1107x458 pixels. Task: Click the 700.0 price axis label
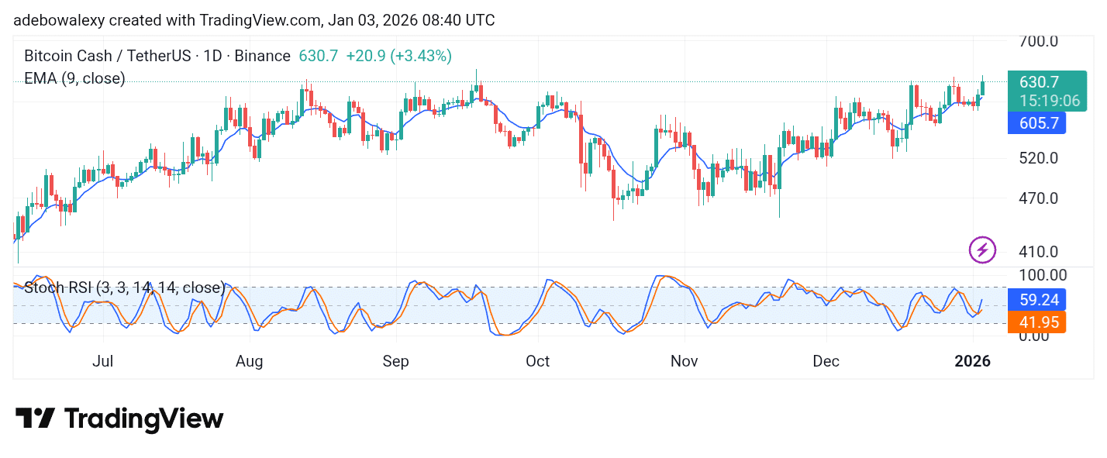[1038, 40]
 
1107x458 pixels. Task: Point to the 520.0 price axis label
[1038, 158]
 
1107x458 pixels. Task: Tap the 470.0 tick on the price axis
[1038, 198]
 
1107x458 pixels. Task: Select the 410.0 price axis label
[1038, 252]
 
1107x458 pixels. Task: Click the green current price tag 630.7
[1039, 82]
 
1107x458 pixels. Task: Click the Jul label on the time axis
[102, 361]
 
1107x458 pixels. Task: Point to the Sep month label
[395, 361]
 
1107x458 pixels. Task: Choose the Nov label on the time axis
[685, 361]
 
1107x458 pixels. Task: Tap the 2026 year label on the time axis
[972, 361]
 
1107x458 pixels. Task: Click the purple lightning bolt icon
[982, 250]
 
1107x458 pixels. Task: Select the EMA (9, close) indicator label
[74, 78]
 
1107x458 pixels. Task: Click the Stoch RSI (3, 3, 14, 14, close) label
[125, 288]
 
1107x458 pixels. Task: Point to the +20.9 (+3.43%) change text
[398, 56]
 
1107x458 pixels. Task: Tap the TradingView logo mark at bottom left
[35, 418]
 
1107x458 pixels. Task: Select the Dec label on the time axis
[826, 361]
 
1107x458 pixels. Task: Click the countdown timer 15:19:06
[1050, 101]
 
